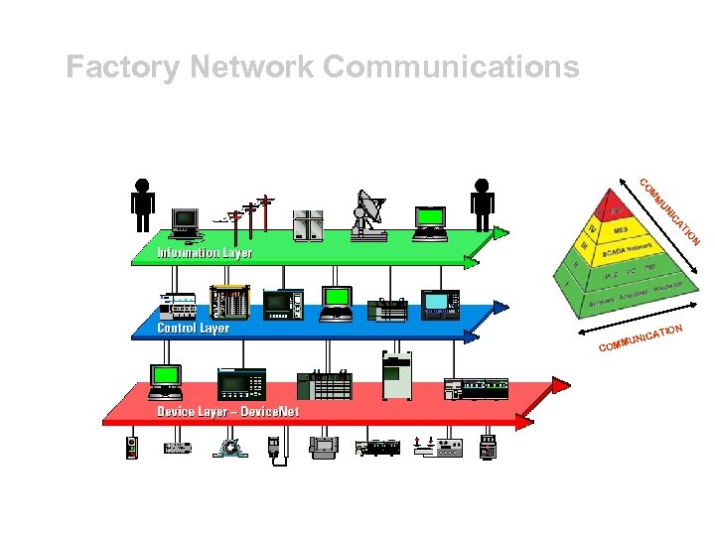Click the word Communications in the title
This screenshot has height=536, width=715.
(x=451, y=67)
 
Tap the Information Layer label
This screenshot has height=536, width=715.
(x=205, y=252)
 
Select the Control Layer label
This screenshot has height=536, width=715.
(x=193, y=327)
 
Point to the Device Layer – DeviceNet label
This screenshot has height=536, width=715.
(x=227, y=410)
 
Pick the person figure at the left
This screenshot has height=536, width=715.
(x=143, y=203)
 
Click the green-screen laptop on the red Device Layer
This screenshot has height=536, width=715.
(x=165, y=380)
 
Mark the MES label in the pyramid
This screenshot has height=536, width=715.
(x=621, y=229)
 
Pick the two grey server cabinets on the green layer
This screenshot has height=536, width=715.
(x=309, y=224)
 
